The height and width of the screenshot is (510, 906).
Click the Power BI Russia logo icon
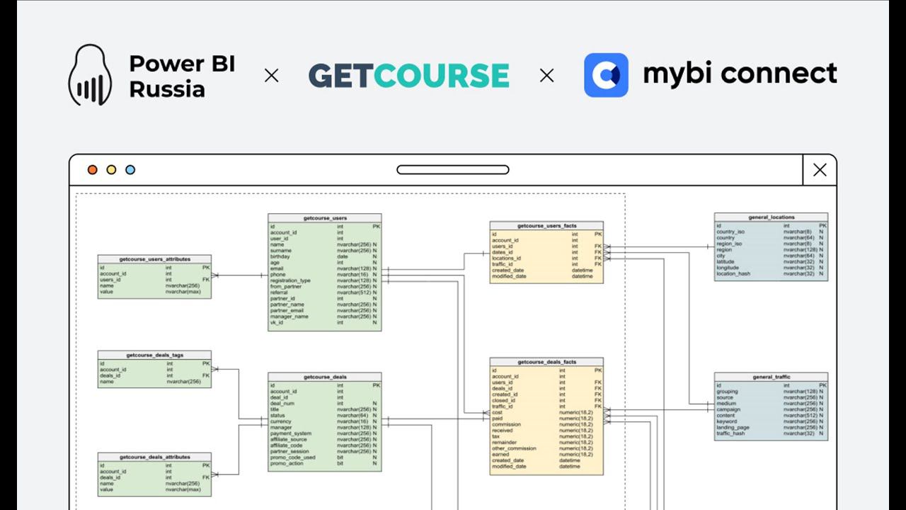tap(90, 75)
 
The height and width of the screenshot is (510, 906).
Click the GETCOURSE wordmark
tap(408, 75)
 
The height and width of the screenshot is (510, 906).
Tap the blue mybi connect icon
tap(606, 75)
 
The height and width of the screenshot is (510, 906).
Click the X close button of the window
tap(820, 170)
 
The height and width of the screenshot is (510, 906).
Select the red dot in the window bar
tap(92, 170)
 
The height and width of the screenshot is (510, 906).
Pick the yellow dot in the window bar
tap(111, 170)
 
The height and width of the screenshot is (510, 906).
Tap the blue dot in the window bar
tap(130, 170)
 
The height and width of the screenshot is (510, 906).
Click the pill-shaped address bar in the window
tap(453, 170)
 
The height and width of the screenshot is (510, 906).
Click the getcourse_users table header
tap(325, 218)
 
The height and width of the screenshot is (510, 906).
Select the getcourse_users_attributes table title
tap(154, 259)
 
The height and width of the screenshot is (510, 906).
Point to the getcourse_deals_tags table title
tap(154, 354)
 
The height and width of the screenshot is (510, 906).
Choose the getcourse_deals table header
tap(325, 377)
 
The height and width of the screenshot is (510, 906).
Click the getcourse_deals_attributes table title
tap(154, 457)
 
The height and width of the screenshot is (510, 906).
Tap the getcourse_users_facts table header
tap(546, 225)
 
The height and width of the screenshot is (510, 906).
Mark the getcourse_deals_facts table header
tap(546, 362)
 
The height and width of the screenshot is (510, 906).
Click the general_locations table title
tap(771, 217)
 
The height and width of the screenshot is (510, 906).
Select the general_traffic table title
tap(771, 377)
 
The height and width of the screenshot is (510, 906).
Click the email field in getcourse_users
tap(277, 268)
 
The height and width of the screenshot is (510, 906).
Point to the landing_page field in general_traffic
tap(733, 427)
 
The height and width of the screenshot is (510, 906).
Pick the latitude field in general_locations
tap(726, 261)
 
